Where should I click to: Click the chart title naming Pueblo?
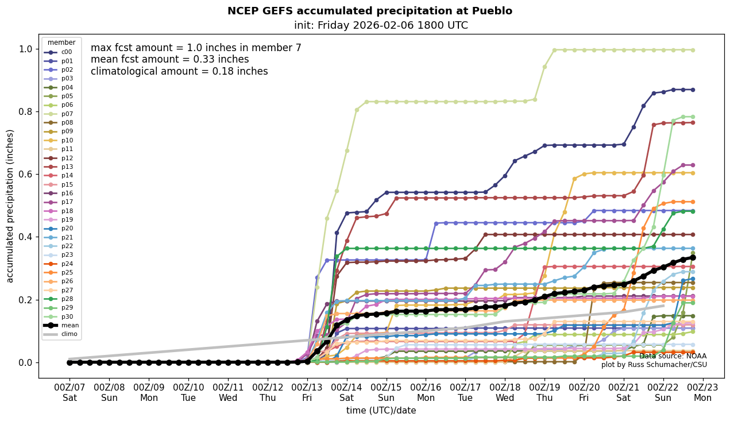pyautogui.click(x=369, y=11)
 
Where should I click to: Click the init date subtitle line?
pyautogui.click(x=381, y=25)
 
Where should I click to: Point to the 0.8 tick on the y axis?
pyautogui.click(x=25, y=111)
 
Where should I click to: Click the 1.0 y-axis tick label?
pyautogui.click(x=25, y=49)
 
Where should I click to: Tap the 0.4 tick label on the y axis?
pyautogui.click(x=25, y=237)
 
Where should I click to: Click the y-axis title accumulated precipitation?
pyautogui.click(x=10, y=206)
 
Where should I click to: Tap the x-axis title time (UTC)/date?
pyautogui.click(x=381, y=411)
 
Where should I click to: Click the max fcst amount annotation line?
pyautogui.click(x=196, y=48)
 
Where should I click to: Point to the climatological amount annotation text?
pyautogui.click(x=179, y=71)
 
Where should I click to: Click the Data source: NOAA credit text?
pyautogui.click(x=673, y=356)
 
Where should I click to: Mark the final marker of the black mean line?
pyautogui.click(x=693, y=258)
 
